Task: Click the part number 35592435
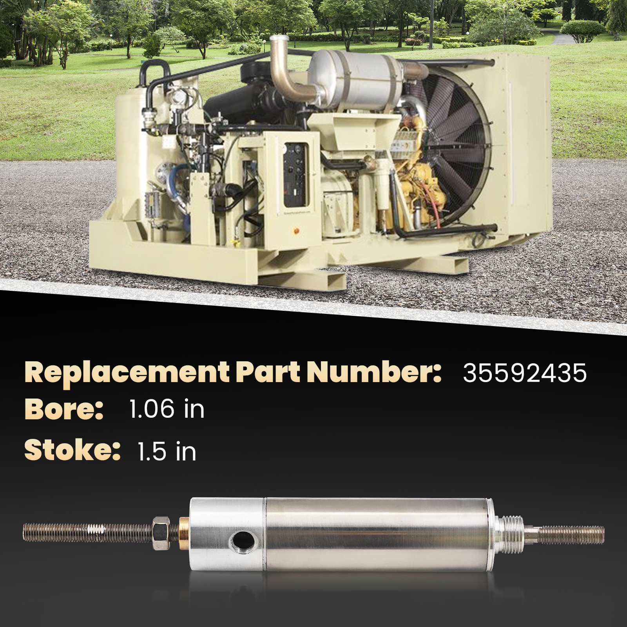(x=525, y=373)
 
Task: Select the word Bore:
(x=64, y=410)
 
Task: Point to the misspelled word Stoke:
(x=72, y=450)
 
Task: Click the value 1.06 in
(x=167, y=410)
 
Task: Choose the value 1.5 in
(x=167, y=451)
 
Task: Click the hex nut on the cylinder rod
(x=161, y=533)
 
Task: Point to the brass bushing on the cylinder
(x=184, y=533)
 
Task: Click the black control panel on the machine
(x=296, y=174)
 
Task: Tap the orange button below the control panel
(x=296, y=231)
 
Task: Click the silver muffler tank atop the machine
(x=355, y=78)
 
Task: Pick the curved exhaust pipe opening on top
(x=279, y=40)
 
